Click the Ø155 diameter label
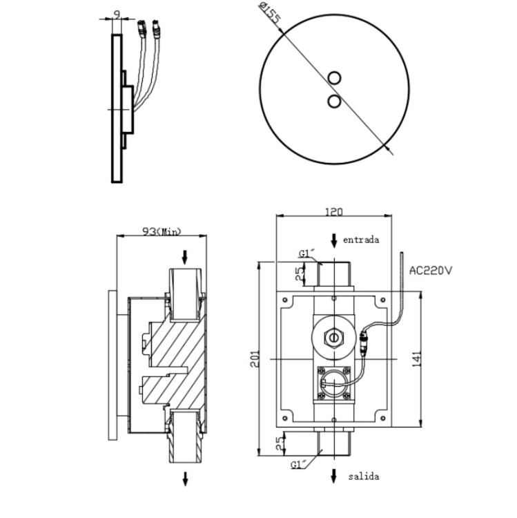[271, 15]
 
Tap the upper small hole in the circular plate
[335, 78]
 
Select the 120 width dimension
[334, 212]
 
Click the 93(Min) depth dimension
[161, 231]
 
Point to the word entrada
[361, 240]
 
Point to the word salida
[363, 476]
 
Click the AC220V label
[431, 270]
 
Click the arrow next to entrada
[334, 240]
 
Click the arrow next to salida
[334, 476]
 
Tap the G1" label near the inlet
[307, 253]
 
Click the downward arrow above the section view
[184, 257]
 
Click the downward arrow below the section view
[184, 477]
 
